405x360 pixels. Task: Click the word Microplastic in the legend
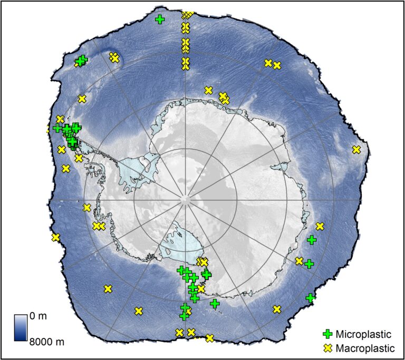click(363, 334)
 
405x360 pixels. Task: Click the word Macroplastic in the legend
click(365, 348)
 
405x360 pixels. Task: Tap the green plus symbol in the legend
click(328, 334)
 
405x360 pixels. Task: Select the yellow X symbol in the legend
click(328, 348)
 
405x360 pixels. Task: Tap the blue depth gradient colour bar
click(21, 328)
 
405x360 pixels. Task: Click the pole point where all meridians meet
click(185, 200)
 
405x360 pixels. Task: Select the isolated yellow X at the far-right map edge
click(356, 150)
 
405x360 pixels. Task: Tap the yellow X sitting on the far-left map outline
click(55, 238)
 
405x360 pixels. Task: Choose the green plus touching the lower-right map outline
click(310, 298)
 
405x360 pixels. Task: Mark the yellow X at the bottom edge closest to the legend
click(210, 338)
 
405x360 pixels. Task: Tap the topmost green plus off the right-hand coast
click(312, 240)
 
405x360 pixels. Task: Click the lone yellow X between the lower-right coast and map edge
click(277, 309)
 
